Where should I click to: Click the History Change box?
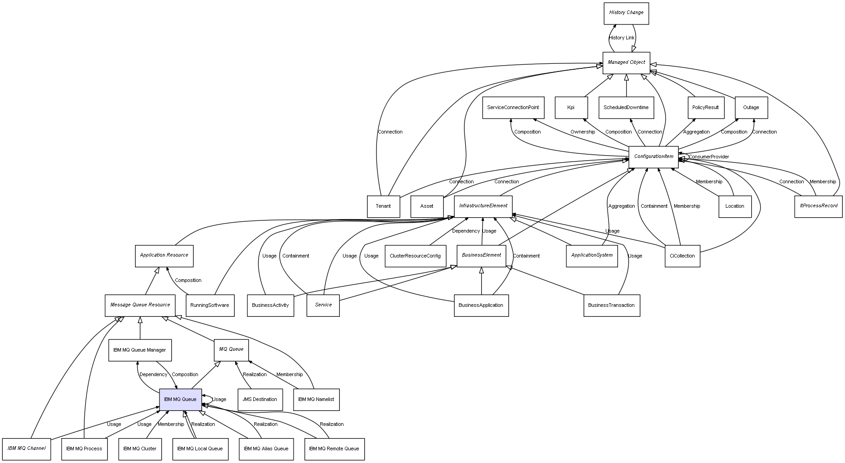coord(626,13)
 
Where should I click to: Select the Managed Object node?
coord(626,62)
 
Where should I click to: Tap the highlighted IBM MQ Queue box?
coord(180,400)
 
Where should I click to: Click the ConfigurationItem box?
coord(653,157)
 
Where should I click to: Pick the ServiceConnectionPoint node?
coord(513,108)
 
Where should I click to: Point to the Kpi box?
coord(571,108)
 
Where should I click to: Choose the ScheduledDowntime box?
coord(626,108)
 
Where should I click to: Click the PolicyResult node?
coord(705,108)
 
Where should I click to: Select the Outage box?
coord(751,108)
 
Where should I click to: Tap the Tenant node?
coord(383,206)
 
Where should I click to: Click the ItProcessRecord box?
coord(818,206)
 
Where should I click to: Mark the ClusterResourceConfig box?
coord(415,256)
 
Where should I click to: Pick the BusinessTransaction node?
coord(611,305)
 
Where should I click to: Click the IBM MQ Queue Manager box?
coord(140,350)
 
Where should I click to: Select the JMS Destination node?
coord(260,400)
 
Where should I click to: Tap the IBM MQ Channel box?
coord(26,449)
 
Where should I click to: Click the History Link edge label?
coord(622,38)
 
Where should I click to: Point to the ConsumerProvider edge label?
coord(709,157)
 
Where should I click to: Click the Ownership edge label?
coord(583,132)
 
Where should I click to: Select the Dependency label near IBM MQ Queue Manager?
coord(153,375)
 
